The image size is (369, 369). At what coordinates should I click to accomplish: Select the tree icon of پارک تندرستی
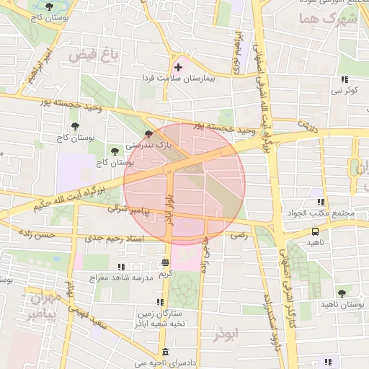[148, 134]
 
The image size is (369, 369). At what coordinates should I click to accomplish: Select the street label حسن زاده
[37, 235]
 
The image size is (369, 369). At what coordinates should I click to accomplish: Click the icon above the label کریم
[166, 263]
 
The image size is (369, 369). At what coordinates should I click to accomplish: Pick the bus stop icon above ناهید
[315, 232]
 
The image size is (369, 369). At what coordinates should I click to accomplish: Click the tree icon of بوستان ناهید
[342, 293]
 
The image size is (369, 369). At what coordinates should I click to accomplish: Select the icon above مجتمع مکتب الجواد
[321, 203]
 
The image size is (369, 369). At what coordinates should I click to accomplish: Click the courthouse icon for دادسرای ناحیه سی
[166, 352]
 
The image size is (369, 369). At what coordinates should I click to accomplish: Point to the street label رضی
[238, 235]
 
